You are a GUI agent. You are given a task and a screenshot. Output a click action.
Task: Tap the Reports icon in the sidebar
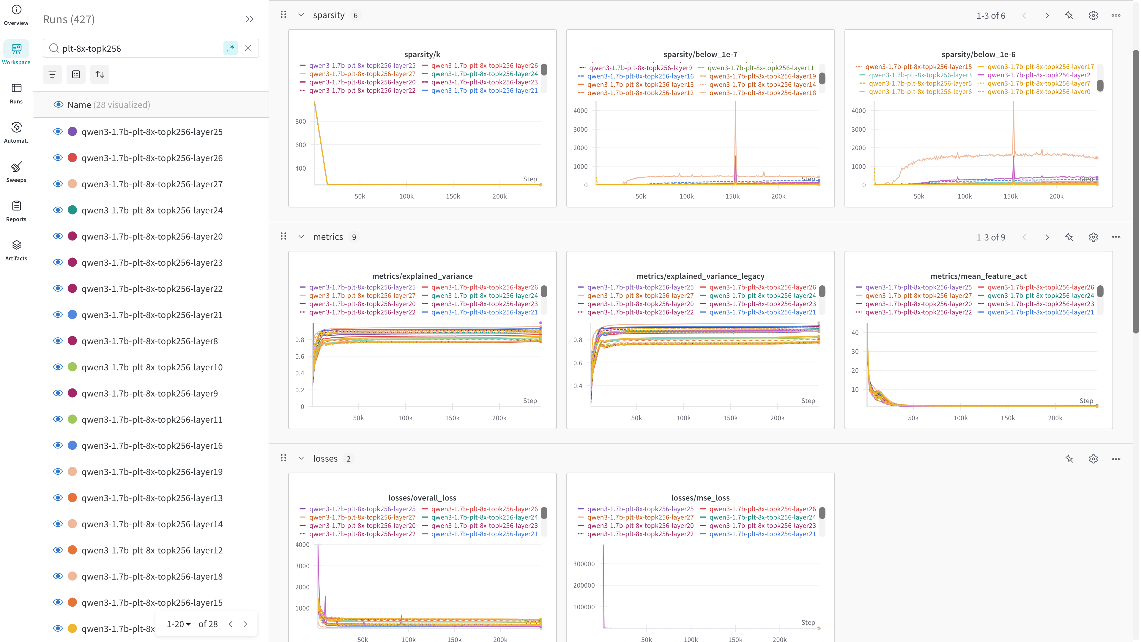click(16, 210)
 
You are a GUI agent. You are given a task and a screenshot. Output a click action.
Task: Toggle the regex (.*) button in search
click(230, 48)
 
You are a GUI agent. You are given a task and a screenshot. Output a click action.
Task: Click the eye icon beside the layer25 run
click(58, 132)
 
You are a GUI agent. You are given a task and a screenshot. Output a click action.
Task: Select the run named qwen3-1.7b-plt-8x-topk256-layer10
click(152, 367)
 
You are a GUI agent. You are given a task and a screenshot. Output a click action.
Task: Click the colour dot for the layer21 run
click(73, 314)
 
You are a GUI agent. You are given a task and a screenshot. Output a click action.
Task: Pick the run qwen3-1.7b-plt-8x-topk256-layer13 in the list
click(152, 498)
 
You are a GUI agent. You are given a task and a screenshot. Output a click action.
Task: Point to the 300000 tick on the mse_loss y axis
click(584, 564)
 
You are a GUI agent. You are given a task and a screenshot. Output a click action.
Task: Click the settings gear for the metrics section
click(1093, 237)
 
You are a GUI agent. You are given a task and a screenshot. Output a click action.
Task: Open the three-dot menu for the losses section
click(1116, 459)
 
